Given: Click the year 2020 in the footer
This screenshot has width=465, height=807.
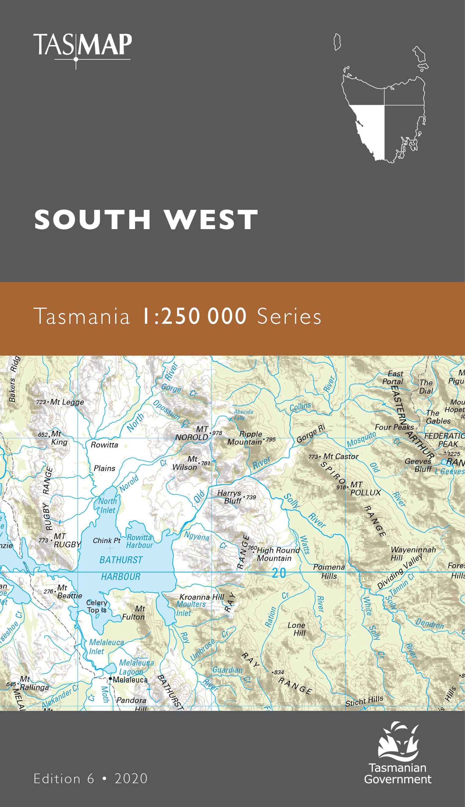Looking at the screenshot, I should (x=131, y=779).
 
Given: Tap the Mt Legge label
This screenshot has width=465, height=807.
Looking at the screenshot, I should (x=66, y=402).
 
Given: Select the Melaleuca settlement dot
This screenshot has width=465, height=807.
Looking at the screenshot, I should (x=110, y=678).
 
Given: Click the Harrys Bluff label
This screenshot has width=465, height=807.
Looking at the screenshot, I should (x=230, y=497).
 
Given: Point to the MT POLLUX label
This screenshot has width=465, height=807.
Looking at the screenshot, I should (x=365, y=488).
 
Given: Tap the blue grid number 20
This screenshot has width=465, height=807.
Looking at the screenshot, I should (x=279, y=573).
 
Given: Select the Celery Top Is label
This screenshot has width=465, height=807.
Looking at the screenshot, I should (x=96, y=606).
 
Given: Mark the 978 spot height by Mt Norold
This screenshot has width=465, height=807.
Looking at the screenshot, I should (x=217, y=433).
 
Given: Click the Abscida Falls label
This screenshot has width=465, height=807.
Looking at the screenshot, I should (x=243, y=415).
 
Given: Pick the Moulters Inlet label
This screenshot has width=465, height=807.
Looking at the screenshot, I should (x=191, y=609).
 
